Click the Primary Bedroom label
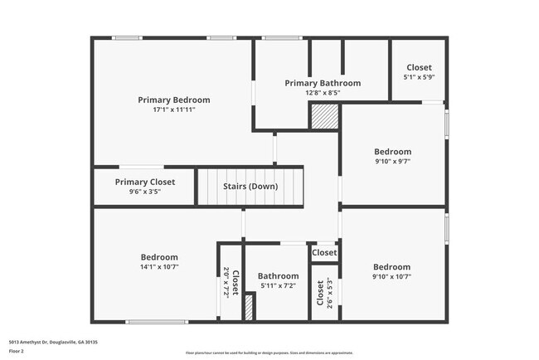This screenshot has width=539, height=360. coord(173,100)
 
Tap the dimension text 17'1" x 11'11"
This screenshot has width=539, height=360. coord(173,109)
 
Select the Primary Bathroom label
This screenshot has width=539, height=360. coord(323,83)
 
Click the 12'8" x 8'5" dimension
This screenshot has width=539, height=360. coord(323,93)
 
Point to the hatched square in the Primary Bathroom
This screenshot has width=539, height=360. coord(323,117)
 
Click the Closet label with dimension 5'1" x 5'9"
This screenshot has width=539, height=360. coord(418,67)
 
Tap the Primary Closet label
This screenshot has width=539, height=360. coord(145,182)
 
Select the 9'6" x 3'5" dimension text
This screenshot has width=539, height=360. coord(145,192)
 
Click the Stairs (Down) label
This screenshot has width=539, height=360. coord(250,187)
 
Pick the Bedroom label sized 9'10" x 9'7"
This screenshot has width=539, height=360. coord(392,152)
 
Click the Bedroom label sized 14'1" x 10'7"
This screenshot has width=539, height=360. coord(158,257)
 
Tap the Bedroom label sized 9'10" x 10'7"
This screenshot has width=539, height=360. coord(391,267)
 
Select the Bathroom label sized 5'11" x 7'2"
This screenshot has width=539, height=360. coord(278,276)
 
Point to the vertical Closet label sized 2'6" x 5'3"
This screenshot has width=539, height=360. coord(320,293)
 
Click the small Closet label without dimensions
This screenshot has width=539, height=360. coord(324,252)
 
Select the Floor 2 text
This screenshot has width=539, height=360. coord(16,350)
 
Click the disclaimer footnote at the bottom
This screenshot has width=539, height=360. coord(269,353)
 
